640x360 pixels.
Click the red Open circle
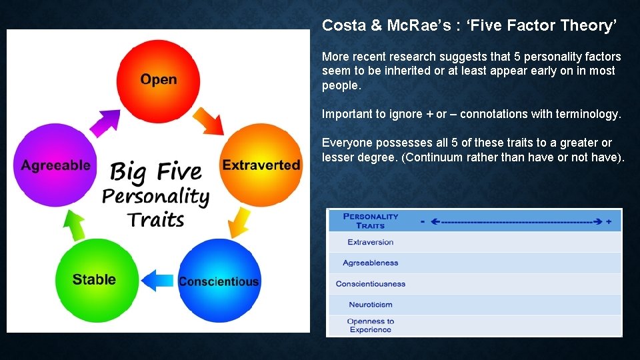[x=158, y=79]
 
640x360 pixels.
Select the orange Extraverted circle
[x=261, y=164]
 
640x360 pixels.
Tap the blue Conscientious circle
[x=219, y=281]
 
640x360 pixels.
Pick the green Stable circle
[x=94, y=279]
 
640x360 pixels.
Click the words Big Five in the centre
[x=156, y=171]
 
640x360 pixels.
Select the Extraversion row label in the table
[x=371, y=242]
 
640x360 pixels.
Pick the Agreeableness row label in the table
[x=370, y=263]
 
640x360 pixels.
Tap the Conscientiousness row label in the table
[x=371, y=284]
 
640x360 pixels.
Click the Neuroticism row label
[x=371, y=305]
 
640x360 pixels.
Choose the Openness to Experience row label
[x=371, y=325]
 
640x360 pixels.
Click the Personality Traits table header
[x=371, y=221]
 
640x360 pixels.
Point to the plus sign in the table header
[x=609, y=221]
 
